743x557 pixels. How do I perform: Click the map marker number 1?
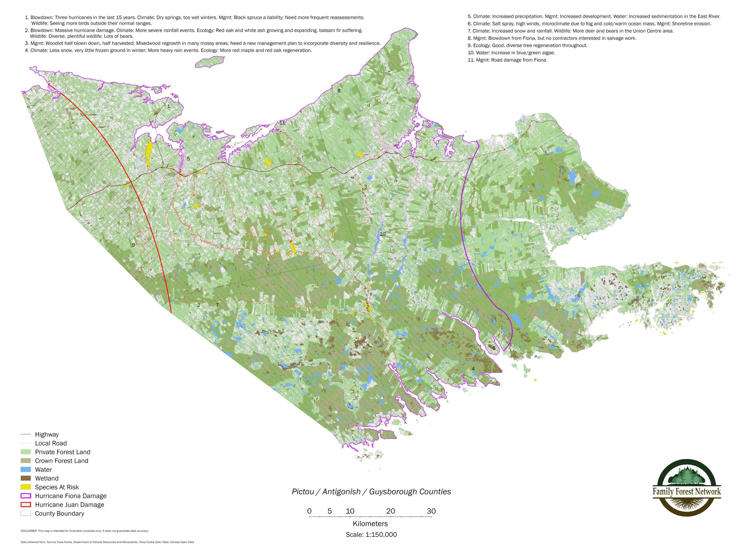169,106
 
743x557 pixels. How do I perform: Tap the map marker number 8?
339,91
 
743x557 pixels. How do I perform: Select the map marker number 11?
282,123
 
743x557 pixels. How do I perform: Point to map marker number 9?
133,245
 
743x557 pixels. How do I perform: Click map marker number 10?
382,234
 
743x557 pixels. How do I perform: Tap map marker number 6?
494,348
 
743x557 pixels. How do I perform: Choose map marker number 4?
473,369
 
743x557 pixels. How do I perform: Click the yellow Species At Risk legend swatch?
26,487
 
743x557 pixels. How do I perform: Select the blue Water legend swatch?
26,469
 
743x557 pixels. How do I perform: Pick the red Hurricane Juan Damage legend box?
26,505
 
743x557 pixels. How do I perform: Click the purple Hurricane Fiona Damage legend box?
26,496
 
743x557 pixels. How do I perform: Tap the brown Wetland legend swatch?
26,478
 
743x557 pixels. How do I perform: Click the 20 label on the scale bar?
390,511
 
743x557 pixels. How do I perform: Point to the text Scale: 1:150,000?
371,534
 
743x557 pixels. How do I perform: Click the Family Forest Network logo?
687,487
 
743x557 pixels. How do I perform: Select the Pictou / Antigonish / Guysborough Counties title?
371,492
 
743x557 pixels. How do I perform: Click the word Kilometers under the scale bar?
370,523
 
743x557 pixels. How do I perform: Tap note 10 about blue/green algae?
511,53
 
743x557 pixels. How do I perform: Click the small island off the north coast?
210,62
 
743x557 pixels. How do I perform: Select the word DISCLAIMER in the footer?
29,531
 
